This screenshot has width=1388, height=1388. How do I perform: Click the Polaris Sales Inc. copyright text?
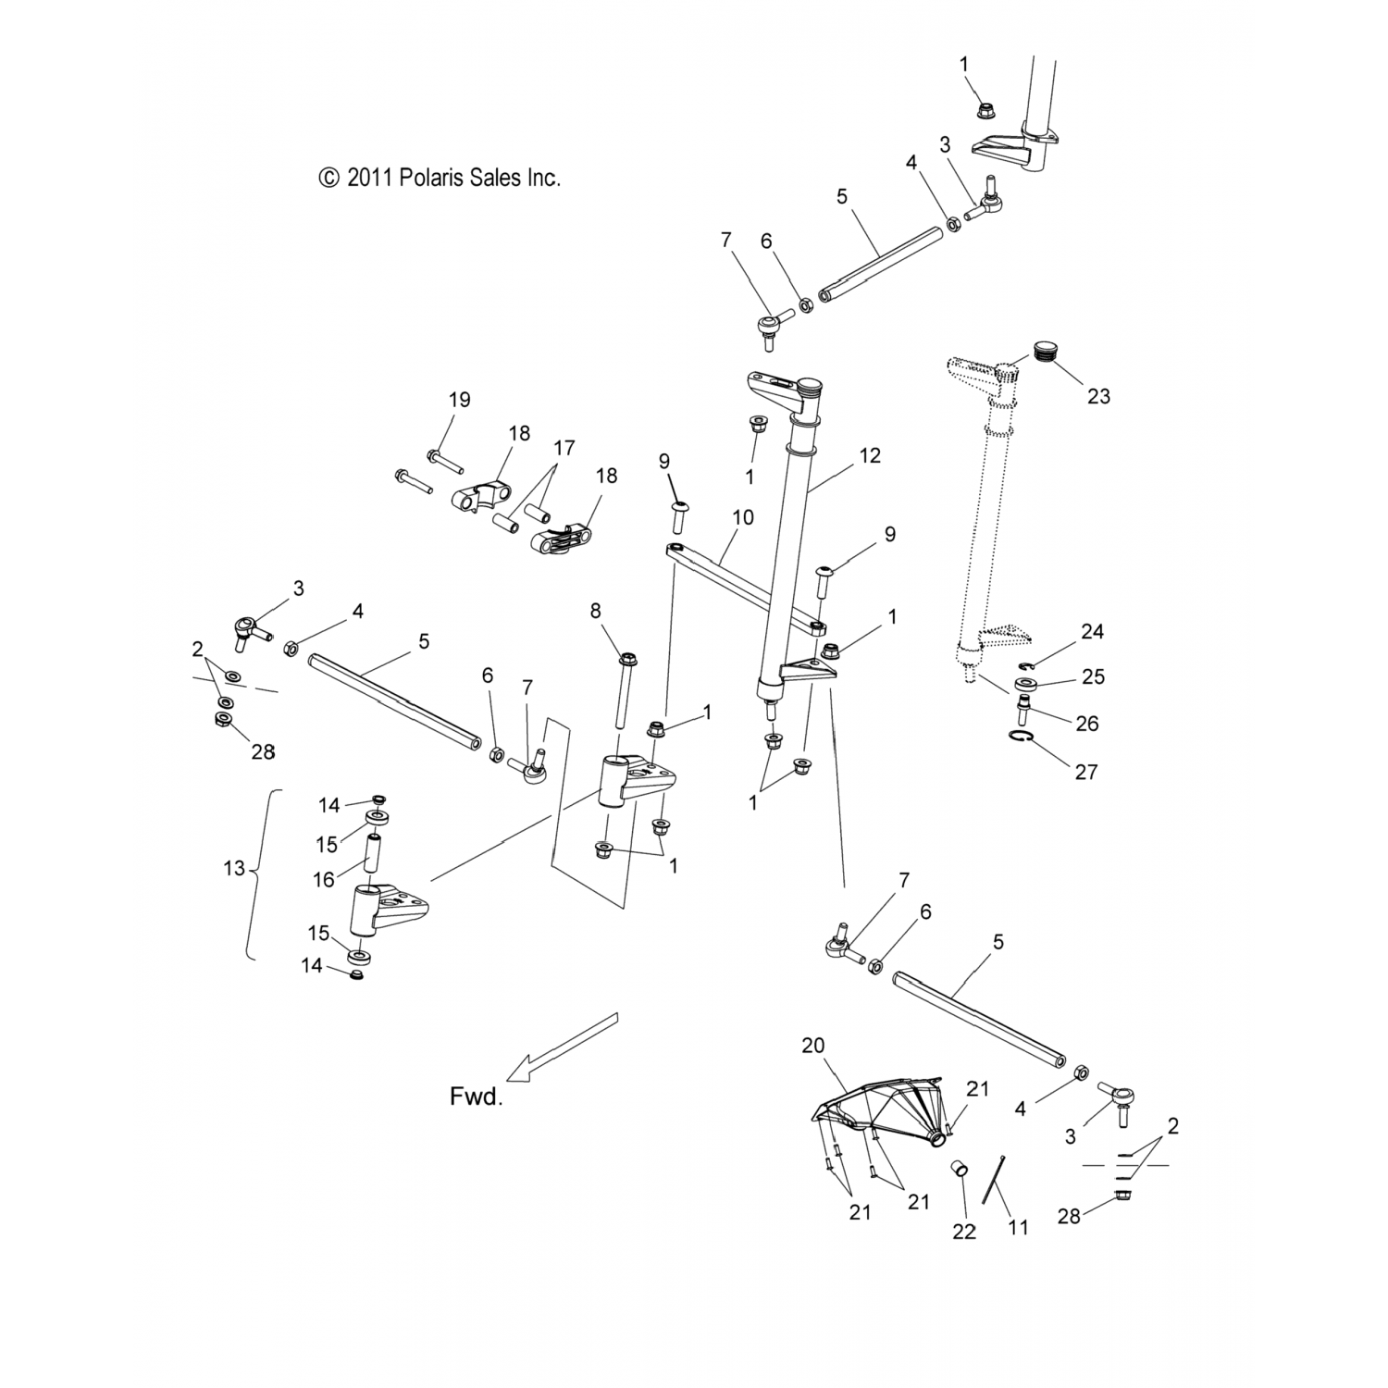pos(440,178)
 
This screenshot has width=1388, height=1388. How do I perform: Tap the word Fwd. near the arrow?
pos(476,1097)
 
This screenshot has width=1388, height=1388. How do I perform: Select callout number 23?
pos(1098,396)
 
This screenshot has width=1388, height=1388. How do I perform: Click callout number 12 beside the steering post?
pos(869,455)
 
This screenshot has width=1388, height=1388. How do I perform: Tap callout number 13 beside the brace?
pos(234,868)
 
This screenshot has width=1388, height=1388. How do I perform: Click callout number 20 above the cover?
pos(813,1045)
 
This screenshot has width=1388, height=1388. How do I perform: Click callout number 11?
pos(1017,1228)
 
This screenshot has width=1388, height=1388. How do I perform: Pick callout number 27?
pos(1085,771)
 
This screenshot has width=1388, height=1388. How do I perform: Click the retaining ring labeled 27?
pos(1019,737)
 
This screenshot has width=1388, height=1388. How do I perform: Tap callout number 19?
pos(459,400)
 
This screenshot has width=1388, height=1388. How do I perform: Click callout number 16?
pos(323,879)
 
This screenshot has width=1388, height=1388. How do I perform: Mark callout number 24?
pos(1092,632)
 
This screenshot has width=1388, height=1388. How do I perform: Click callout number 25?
pos(1093,676)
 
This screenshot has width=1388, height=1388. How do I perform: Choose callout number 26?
pos(1087,723)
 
